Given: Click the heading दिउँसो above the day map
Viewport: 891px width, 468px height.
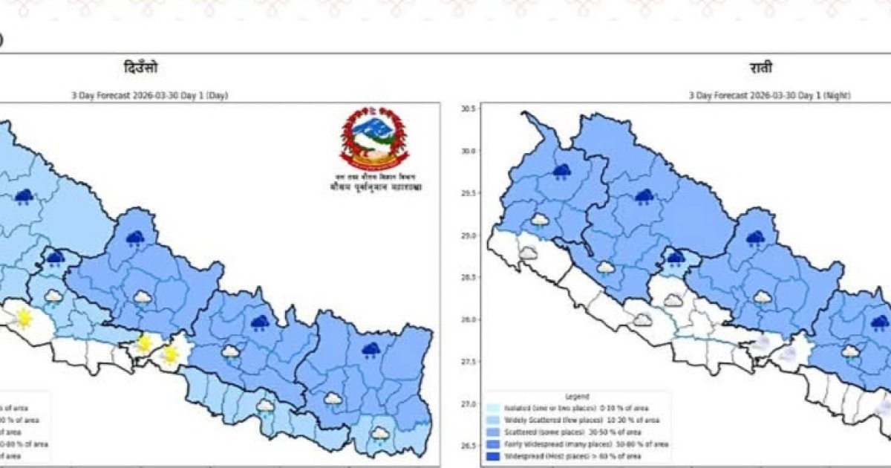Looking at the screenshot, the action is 140,68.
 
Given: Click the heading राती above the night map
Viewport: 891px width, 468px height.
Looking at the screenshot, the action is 760,68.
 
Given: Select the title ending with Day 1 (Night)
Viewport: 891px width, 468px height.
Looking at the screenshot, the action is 769,95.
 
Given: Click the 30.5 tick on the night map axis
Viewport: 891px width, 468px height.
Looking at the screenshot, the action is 468,109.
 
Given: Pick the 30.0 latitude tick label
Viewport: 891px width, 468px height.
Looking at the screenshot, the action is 468,151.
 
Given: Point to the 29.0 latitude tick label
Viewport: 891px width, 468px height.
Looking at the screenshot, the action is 468,235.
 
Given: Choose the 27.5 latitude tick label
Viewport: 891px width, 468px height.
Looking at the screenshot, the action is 468,362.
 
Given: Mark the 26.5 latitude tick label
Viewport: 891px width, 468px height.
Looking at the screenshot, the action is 468,446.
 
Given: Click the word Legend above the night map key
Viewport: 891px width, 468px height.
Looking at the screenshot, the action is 576,397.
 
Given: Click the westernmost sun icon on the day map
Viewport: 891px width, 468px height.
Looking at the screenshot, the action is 24,318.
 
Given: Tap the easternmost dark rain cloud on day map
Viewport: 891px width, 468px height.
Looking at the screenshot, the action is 371,350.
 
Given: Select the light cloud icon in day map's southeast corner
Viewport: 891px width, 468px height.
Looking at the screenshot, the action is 380,434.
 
